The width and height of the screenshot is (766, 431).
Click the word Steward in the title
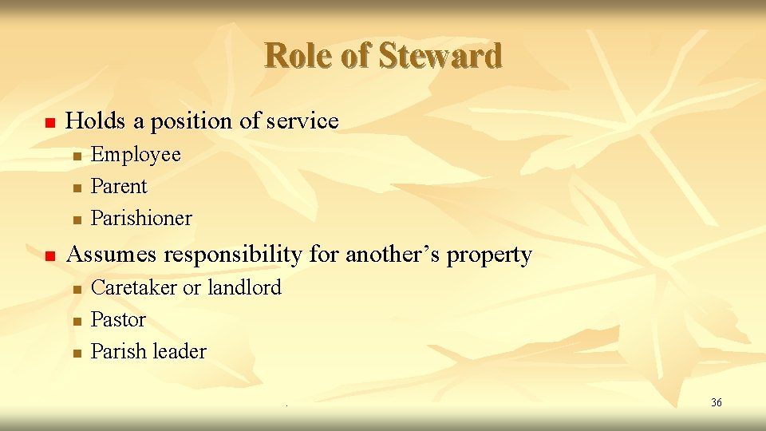440,56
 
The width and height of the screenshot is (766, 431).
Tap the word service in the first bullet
302,121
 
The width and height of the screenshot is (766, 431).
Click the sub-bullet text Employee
136,155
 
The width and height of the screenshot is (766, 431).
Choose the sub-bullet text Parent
119,187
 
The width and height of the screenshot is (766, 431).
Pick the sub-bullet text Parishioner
141,219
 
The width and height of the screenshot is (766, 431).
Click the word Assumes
114,255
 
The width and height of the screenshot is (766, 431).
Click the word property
489,255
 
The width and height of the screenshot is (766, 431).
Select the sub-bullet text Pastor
118,320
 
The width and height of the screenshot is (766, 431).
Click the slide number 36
716,402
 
